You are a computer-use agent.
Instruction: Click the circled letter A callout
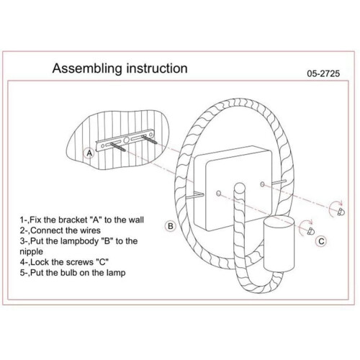89,153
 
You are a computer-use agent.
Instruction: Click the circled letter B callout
171,226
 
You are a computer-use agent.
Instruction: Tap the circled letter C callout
321,241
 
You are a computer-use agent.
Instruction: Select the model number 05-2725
323,73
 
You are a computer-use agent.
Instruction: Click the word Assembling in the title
87,68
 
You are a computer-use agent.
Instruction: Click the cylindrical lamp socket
279,244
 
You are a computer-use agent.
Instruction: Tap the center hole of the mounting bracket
126,140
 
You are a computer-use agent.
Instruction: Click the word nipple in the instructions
32,252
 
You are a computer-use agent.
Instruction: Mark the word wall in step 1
136,220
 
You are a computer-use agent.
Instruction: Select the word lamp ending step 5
116,274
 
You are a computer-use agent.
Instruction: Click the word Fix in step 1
36,220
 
